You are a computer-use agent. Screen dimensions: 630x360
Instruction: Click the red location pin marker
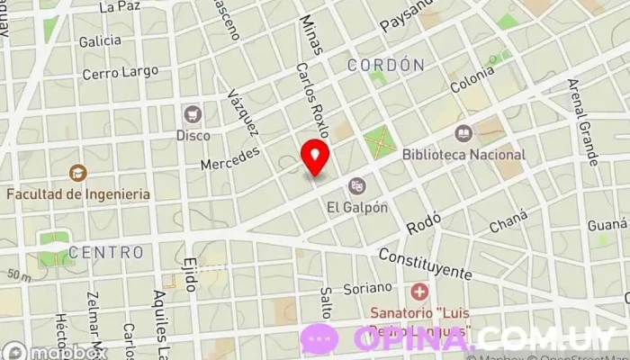click(315, 157)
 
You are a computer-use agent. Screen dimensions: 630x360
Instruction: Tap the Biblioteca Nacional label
click(463, 155)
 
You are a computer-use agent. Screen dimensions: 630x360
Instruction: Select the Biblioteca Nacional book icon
click(463, 134)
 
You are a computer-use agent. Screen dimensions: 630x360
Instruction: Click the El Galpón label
click(357, 207)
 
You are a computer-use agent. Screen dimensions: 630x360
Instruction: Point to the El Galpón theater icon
click(357, 186)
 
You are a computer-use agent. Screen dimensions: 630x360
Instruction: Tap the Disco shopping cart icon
click(193, 114)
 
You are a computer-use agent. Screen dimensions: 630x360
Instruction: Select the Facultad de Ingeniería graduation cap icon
click(78, 172)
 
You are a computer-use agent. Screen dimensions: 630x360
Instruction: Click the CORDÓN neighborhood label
click(385, 65)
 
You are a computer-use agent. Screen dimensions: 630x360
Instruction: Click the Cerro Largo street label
click(120, 72)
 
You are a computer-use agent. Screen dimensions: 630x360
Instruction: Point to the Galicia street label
click(100, 41)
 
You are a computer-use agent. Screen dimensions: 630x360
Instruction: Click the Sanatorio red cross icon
click(419, 292)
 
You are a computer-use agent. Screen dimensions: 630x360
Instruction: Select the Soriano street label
click(368, 288)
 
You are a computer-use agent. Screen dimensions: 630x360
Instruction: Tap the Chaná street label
click(508, 221)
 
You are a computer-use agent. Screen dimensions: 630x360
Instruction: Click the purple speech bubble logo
click(319, 338)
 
